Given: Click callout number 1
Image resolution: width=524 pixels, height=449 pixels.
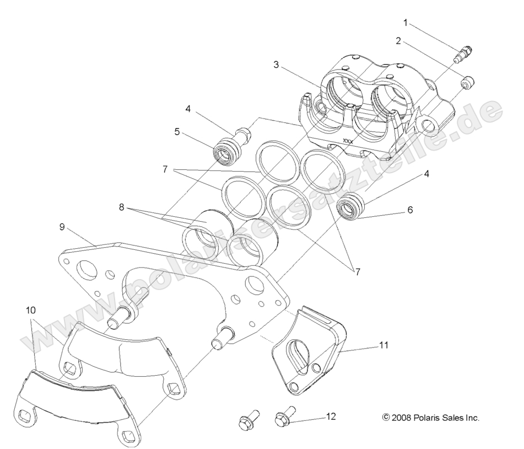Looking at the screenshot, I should [406, 23].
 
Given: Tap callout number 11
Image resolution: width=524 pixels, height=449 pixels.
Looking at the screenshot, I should [384, 345].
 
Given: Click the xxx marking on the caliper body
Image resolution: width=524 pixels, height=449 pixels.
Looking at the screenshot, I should [348, 141].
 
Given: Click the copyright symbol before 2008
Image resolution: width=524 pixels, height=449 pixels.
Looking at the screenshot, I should [386, 418].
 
